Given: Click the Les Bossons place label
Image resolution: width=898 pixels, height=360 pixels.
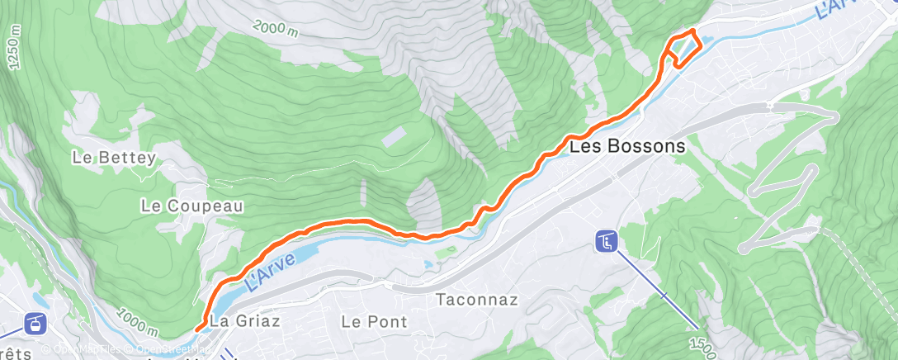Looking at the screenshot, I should point(627,146).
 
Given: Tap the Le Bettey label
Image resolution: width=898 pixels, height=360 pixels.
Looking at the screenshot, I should point(113,158).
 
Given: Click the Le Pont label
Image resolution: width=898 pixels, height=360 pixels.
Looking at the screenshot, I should point(375,321).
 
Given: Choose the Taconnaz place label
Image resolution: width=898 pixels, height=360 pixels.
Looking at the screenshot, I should point(478,299).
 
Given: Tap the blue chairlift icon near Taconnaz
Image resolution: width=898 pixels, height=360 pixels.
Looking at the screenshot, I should point(606,242).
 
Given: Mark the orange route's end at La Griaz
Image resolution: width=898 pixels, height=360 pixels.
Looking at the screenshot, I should point(197,329).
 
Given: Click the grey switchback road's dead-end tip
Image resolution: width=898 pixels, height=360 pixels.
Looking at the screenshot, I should point(743,247).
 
